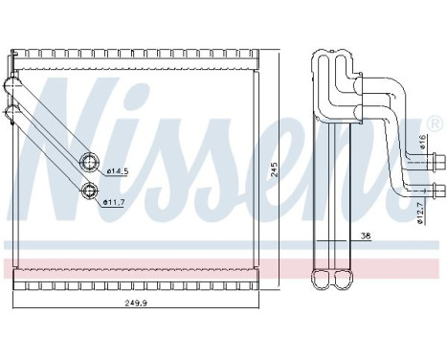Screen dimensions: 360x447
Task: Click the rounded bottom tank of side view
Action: [336, 281]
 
